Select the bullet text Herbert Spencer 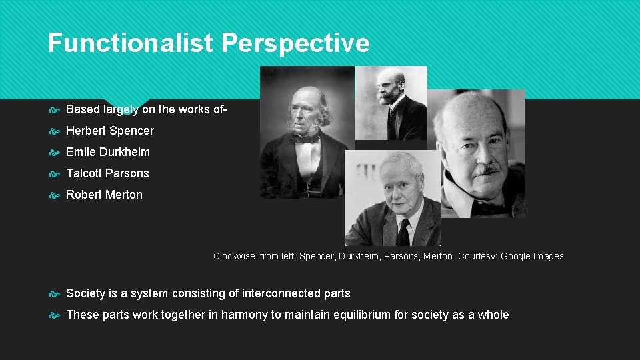(x=110, y=131)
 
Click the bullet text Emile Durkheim (x=108, y=152)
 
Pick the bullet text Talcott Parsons (x=107, y=173)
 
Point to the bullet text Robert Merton (x=104, y=195)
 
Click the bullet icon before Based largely (x=55, y=109)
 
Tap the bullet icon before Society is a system (x=55, y=294)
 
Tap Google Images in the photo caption (x=532, y=256)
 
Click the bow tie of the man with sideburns (x=306, y=139)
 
